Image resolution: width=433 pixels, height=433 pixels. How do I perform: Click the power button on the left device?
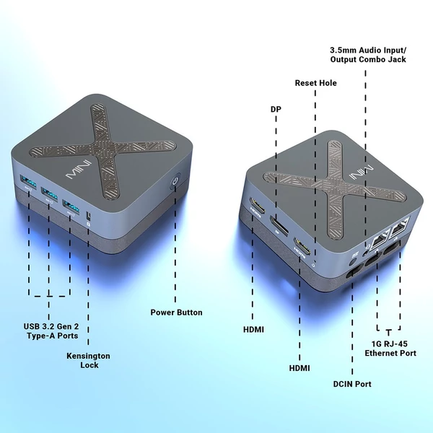click(x=175, y=181)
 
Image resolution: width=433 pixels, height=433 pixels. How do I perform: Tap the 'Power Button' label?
click(x=176, y=312)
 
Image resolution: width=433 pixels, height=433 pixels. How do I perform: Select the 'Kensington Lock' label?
click(x=88, y=360)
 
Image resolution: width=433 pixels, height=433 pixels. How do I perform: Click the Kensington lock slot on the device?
click(x=89, y=215)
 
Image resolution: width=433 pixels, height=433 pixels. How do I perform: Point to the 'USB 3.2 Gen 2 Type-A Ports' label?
click(x=51, y=331)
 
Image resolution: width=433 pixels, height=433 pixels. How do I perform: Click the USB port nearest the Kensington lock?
click(x=71, y=206)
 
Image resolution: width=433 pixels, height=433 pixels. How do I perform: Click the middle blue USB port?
click(x=49, y=193)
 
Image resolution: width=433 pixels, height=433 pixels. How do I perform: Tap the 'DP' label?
click(x=276, y=110)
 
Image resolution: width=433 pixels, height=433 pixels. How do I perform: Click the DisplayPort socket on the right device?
click(x=279, y=225)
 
